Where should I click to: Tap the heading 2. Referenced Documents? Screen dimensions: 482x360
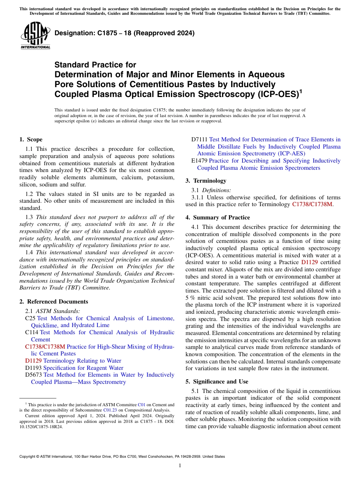pyautogui.click(x=53, y=302)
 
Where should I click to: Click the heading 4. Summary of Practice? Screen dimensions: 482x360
pyautogui.click(x=218, y=218)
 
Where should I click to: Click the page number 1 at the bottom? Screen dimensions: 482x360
pyautogui.click(x=180, y=466)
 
